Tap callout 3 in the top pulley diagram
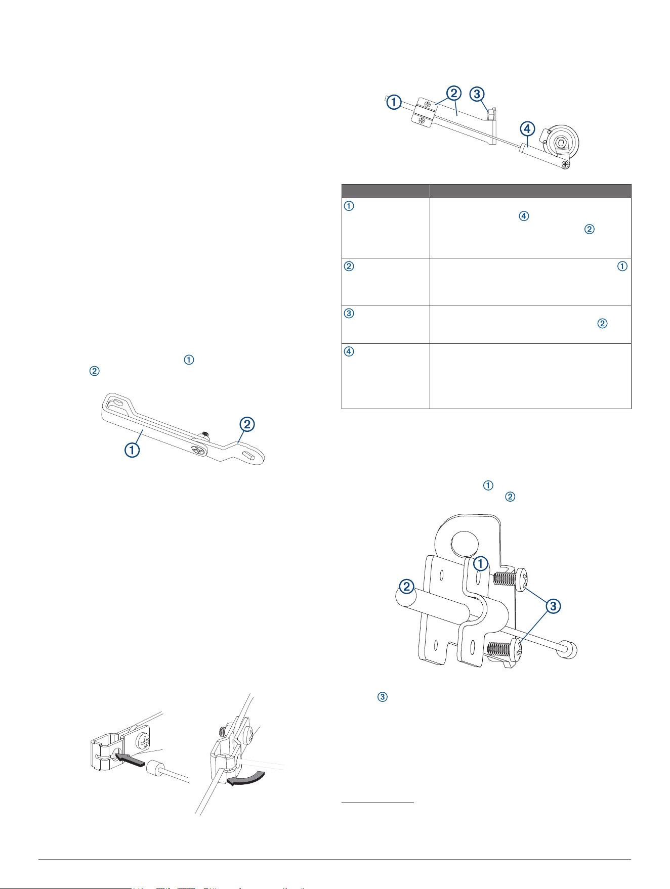(x=477, y=94)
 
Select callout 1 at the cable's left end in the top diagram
(x=394, y=102)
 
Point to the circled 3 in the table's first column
(x=349, y=313)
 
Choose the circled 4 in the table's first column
(x=349, y=351)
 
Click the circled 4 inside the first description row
(x=524, y=216)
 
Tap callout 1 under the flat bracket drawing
(x=132, y=450)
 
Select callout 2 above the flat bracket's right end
(x=246, y=424)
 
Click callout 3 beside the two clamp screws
(x=553, y=605)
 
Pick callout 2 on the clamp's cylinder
(x=407, y=587)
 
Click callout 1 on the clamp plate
(x=481, y=563)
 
